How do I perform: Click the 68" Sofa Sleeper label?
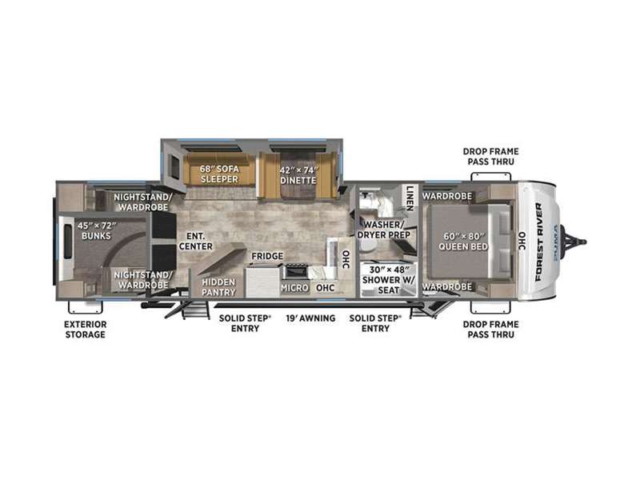pos(219,174)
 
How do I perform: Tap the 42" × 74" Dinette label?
pos(298,175)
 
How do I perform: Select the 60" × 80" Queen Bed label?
pos(463,242)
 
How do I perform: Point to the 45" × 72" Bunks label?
pos(96,230)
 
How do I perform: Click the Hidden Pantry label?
pos(218,287)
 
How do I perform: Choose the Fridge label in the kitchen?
pos(267,256)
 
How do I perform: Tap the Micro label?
pos(294,288)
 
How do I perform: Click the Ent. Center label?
pos(196,242)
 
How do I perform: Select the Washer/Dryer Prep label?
pos(384,230)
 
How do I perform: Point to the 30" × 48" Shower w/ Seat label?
pos(388,280)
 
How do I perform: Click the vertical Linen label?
pos(410,198)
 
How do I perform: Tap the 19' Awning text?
pos(310,318)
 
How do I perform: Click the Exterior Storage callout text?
pos(86,330)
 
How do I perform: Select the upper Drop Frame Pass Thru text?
pos(490,156)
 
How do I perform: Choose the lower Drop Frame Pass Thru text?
pos(490,330)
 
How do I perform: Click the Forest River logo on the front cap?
pos(538,242)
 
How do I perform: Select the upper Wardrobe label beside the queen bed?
pos(447,196)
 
